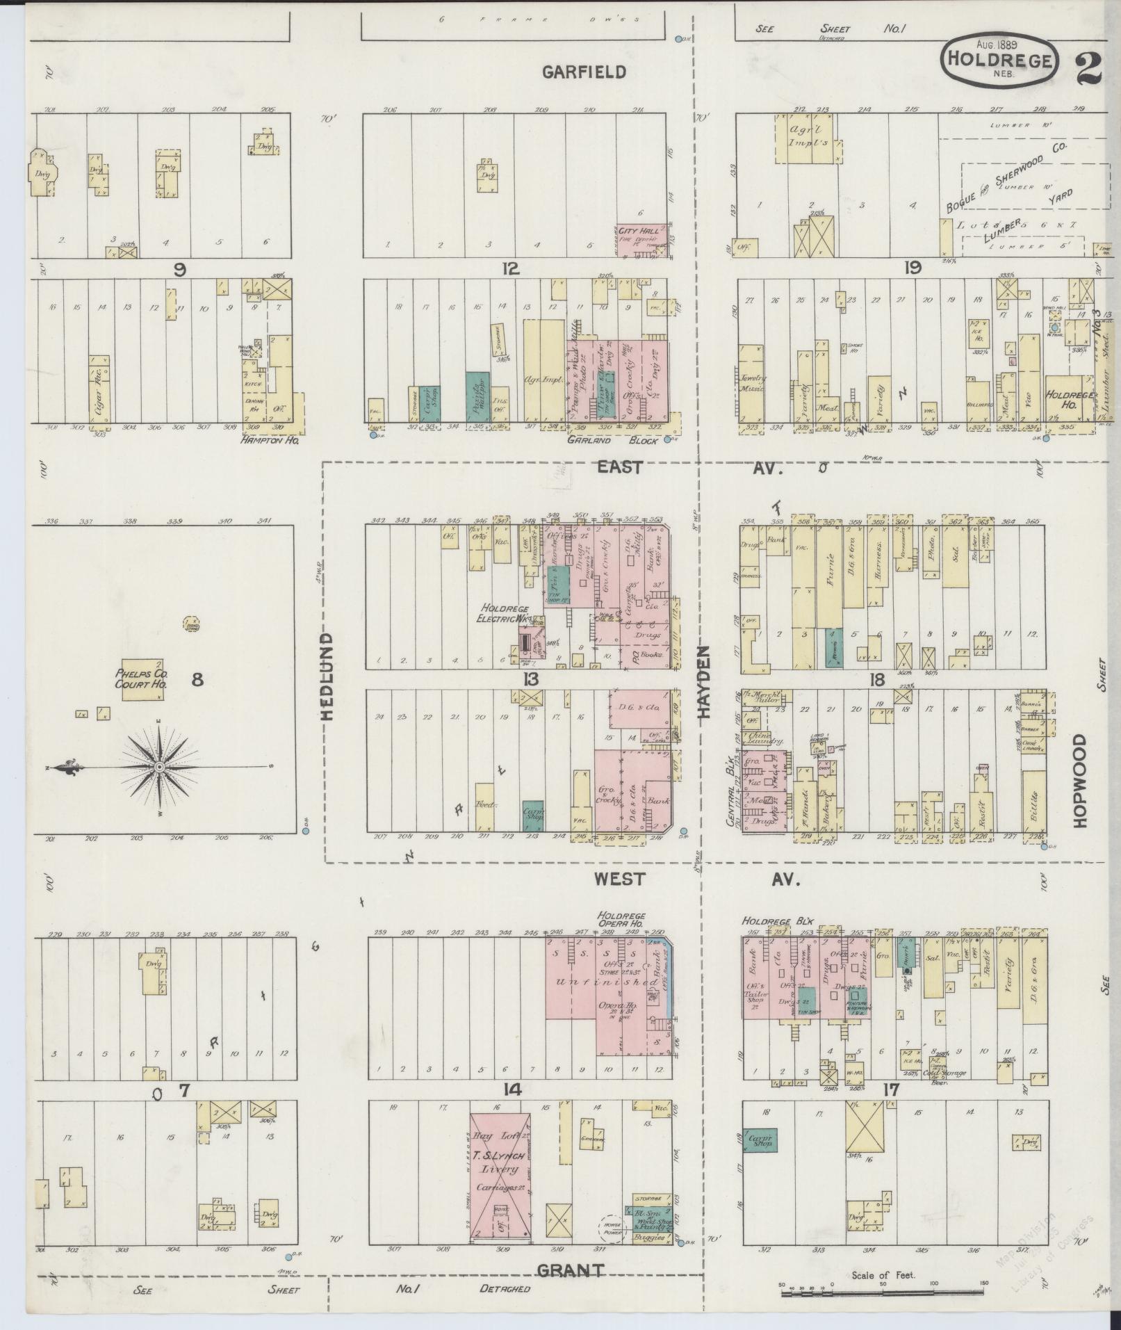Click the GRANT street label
point(570,1270)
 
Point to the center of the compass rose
point(160,766)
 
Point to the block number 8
point(197,680)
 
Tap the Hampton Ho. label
point(269,440)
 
